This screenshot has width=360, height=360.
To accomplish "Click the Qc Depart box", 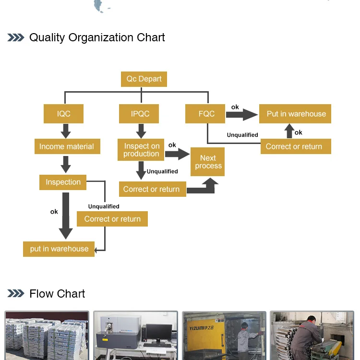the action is pos(144,79).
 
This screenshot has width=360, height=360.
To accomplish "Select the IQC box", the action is pos(63,114).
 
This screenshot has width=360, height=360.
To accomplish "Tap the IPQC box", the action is pos(139,114).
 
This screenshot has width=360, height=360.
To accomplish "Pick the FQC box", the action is pos(205,114).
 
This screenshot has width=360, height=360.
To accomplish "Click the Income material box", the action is pos(67,146).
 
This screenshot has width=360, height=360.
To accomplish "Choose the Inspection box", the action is pos(63,182).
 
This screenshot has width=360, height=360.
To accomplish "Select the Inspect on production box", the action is pos(141,150).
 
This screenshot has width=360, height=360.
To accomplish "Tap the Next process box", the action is pos(207,162).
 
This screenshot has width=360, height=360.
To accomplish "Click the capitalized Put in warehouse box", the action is pos(295,114).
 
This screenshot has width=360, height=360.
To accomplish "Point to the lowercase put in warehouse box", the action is pos(59,249).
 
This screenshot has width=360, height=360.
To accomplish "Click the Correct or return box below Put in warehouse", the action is pos(296,146).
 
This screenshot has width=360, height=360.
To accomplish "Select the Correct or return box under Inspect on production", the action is pos(153,189).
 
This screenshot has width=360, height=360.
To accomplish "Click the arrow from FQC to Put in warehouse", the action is pos(242,115).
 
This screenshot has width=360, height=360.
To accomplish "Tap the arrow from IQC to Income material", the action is pos(66,131).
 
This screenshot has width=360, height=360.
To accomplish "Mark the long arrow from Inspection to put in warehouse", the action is pos(66,216).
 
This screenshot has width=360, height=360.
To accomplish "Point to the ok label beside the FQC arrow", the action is pos(235,107).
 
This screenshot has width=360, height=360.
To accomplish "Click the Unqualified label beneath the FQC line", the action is pos(242,135).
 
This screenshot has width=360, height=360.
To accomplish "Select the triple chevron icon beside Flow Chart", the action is pos(16,293).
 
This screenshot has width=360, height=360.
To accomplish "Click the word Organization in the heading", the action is pos(101,37).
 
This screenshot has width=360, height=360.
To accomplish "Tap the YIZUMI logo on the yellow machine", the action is pos(201,328).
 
